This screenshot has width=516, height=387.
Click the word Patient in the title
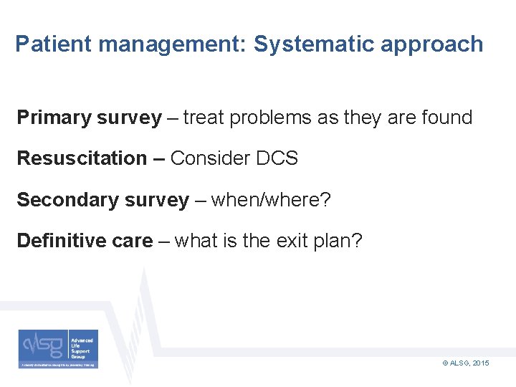coord(54,44)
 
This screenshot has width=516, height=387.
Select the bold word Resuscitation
coord(82,158)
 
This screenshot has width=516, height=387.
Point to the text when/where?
coord(271,200)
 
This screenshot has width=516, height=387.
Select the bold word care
coord(133,242)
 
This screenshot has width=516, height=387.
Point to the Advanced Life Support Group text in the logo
coord(82,345)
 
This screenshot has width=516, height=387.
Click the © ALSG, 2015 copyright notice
coord(466,364)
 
